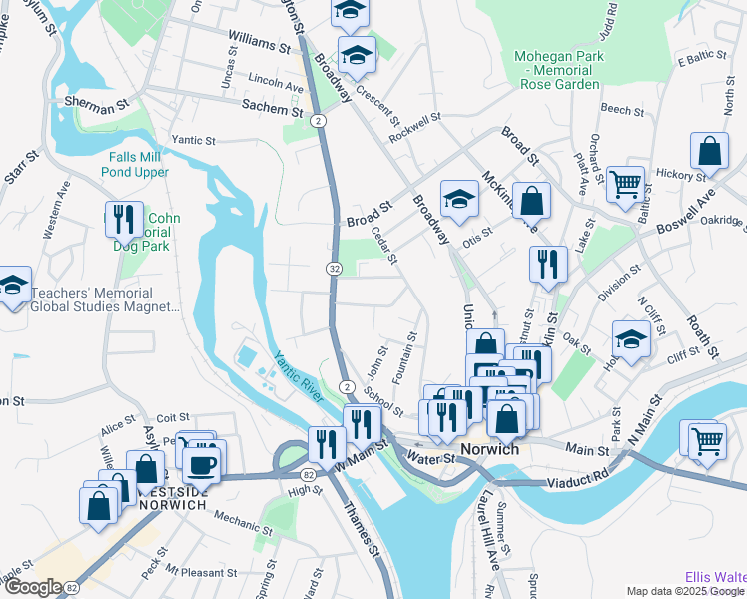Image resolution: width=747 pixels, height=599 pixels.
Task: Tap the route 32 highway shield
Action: coord(333,268)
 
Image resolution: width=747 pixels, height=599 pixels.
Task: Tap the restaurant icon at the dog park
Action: coord(122,218)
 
